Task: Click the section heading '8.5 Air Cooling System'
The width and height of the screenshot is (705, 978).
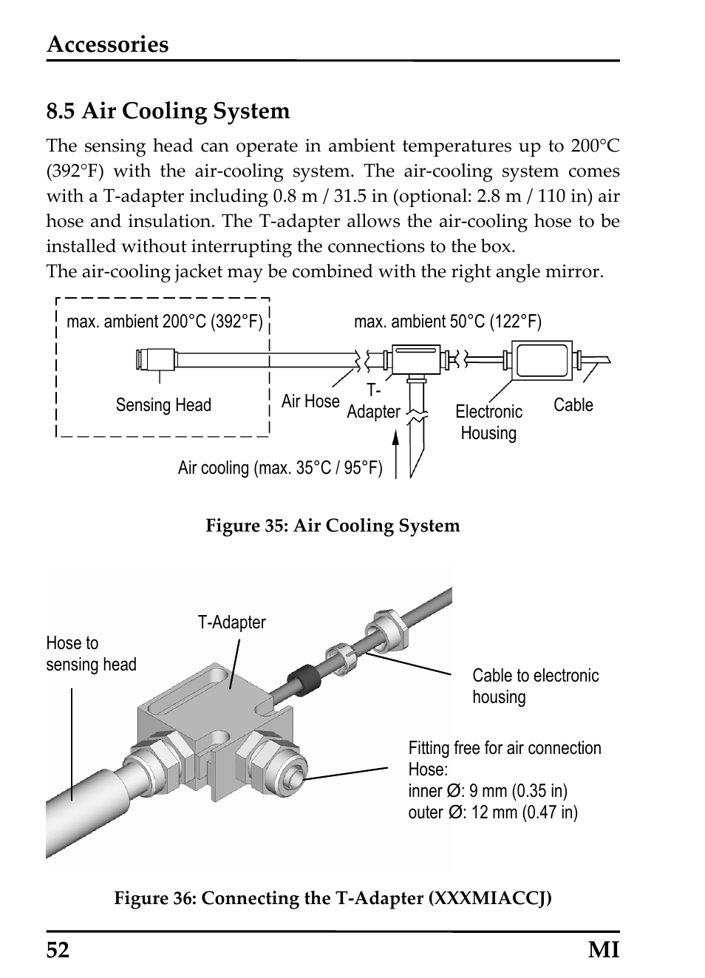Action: click(168, 112)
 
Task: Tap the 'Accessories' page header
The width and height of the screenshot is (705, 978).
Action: click(108, 44)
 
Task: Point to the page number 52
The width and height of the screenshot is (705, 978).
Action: click(58, 950)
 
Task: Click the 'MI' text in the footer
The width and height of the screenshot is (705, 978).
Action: click(604, 950)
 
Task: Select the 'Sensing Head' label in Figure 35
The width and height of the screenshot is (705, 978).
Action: click(163, 405)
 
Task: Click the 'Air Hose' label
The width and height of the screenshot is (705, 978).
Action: click(310, 401)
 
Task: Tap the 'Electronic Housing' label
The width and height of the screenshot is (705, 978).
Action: click(488, 422)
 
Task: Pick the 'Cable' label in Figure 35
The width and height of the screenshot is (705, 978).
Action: click(573, 405)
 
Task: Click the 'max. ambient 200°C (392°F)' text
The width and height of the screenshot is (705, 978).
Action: click(165, 322)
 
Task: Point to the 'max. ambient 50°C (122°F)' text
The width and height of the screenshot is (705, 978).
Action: click(447, 322)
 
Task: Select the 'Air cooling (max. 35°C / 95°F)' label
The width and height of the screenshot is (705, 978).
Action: click(280, 468)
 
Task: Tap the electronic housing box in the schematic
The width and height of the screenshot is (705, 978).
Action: click(542, 361)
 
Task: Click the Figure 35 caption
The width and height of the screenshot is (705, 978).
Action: click(333, 526)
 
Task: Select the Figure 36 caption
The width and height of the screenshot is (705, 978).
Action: click(333, 898)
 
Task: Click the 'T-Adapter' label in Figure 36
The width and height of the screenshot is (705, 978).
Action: click(231, 622)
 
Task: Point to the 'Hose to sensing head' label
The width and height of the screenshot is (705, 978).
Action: click(91, 654)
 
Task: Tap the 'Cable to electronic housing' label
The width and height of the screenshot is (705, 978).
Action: click(535, 686)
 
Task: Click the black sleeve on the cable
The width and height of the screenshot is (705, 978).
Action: click(302, 678)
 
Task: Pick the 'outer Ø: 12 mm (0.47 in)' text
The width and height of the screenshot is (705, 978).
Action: click(493, 812)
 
